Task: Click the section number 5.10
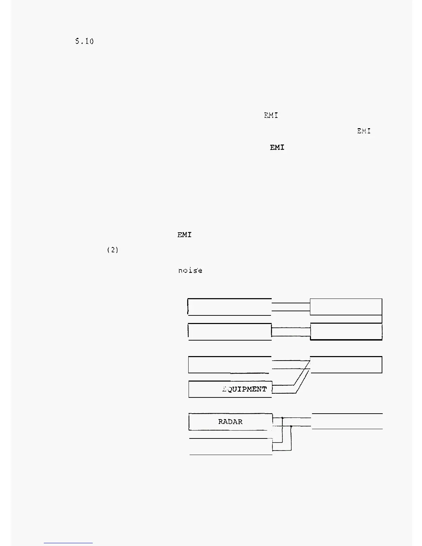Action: click(84, 41)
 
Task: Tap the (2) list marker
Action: click(113, 250)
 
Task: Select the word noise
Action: click(190, 271)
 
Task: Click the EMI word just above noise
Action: click(184, 235)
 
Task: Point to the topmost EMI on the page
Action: click(271, 115)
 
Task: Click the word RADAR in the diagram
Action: click(230, 422)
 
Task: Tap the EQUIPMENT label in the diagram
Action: click(245, 389)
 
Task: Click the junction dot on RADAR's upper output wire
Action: click(282, 418)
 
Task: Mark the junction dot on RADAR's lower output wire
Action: click(291, 426)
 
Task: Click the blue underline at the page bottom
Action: click(68, 543)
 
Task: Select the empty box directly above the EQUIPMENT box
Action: click(229, 365)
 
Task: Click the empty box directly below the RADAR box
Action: click(230, 447)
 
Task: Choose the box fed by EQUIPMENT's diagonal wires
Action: click(346, 365)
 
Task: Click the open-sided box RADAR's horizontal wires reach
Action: click(347, 421)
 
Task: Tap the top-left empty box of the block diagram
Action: click(229, 307)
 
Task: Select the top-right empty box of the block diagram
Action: click(346, 307)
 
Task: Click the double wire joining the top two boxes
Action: click(291, 307)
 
